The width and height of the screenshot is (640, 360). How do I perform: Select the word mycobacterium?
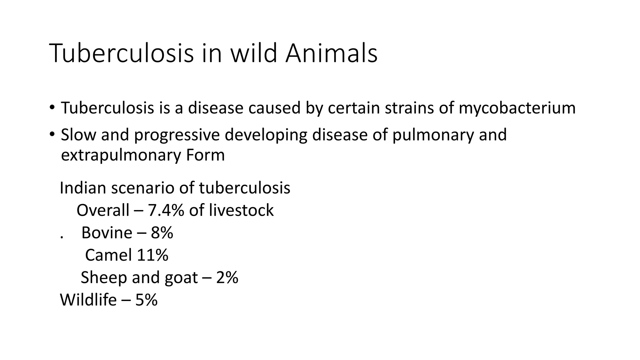click(517, 108)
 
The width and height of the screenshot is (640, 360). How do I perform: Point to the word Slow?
click(78, 135)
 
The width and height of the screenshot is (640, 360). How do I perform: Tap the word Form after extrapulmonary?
click(205, 155)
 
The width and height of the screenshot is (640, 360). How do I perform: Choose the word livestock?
click(241, 210)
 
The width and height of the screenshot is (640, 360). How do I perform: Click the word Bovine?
click(107, 233)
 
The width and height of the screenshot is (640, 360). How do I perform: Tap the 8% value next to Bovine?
click(162, 233)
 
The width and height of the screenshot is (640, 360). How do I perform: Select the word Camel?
click(108, 255)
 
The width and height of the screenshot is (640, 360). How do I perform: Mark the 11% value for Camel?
click(152, 255)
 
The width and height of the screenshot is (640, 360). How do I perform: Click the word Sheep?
click(104, 277)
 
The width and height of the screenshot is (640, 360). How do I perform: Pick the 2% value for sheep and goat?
click(227, 277)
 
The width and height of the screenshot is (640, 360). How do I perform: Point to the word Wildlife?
click(88, 300)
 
